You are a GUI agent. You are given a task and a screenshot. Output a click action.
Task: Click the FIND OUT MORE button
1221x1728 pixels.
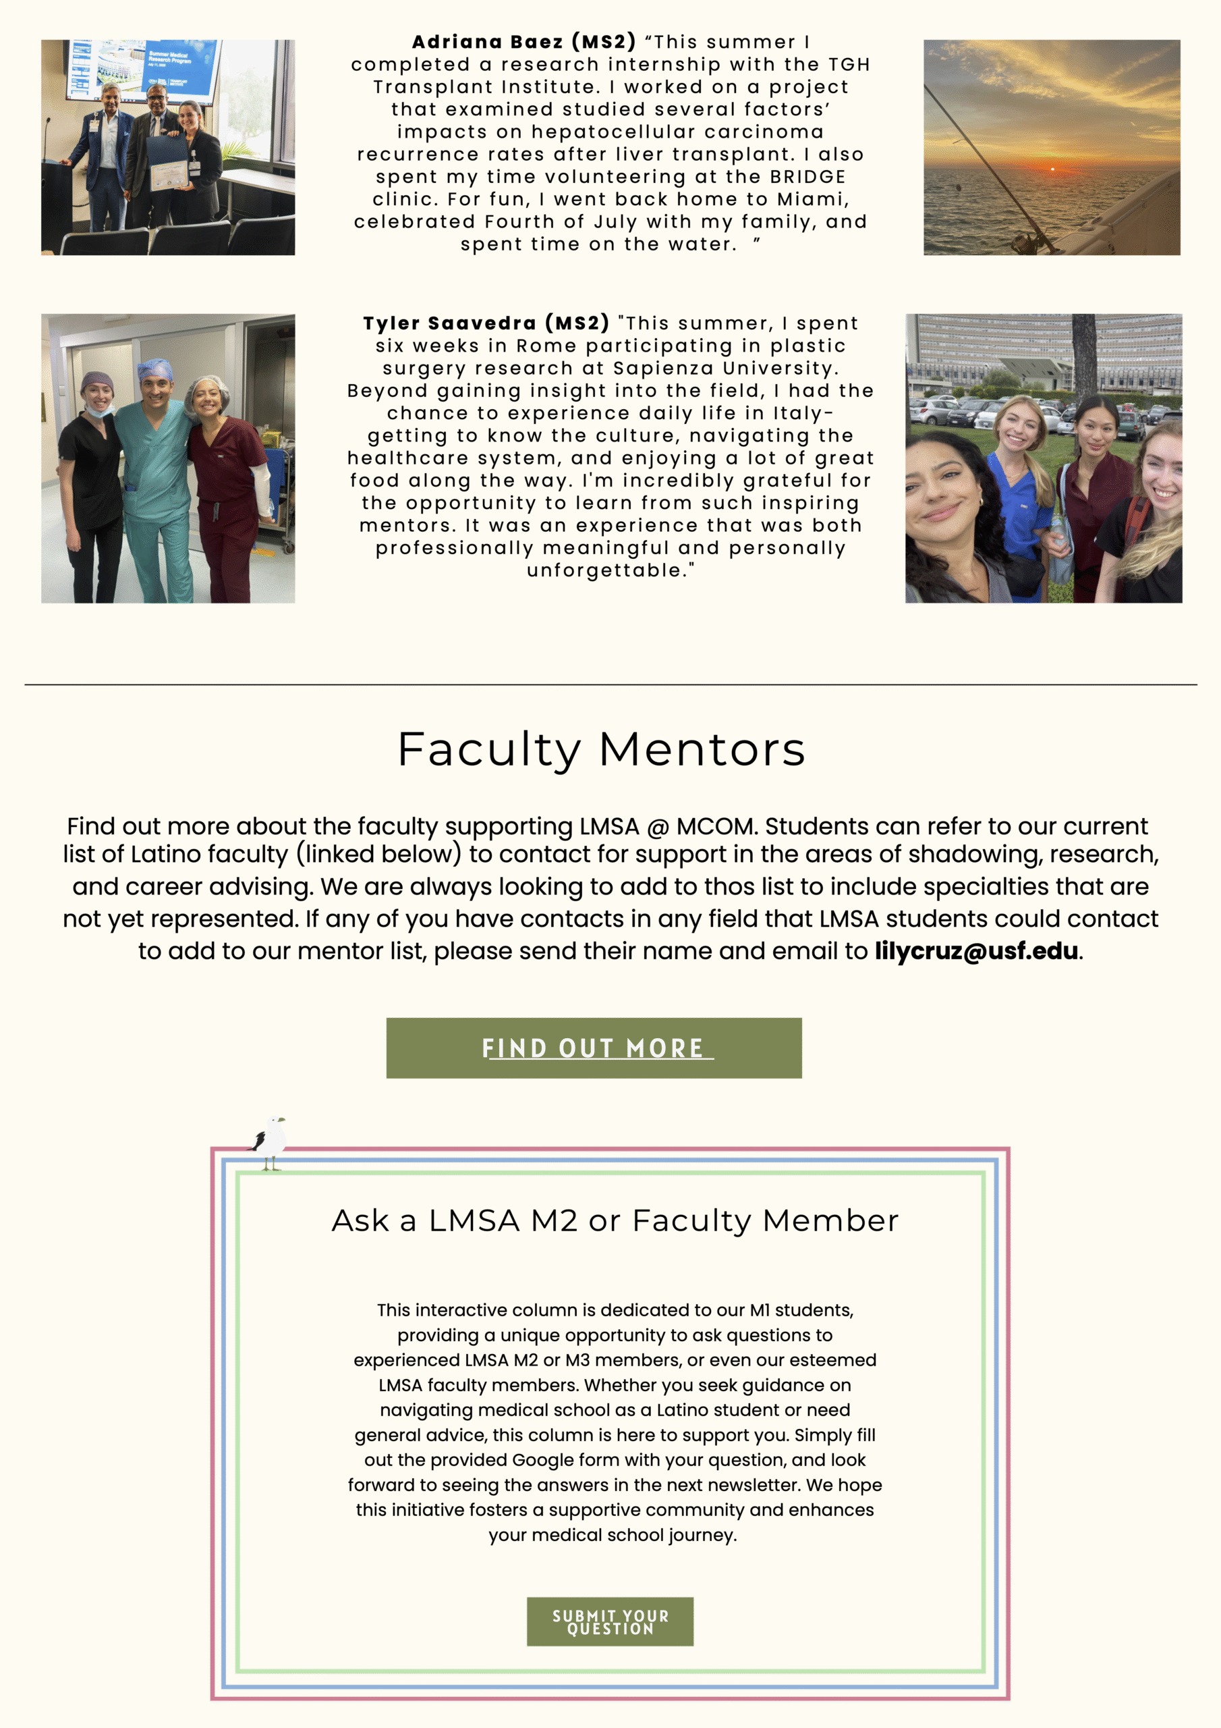(594, 1048)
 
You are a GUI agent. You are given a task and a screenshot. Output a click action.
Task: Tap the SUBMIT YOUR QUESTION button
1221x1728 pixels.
(609, 1622)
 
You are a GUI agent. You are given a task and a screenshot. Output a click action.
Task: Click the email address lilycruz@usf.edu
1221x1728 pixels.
(975, 951)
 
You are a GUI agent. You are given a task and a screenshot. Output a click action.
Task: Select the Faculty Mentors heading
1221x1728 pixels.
(601, 750)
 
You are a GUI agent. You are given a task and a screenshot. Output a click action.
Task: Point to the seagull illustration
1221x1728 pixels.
(269, 1143)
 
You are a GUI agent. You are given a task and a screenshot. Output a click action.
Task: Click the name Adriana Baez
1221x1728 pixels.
(487, 42)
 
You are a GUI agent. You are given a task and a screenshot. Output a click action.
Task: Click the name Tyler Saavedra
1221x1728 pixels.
(449, 323)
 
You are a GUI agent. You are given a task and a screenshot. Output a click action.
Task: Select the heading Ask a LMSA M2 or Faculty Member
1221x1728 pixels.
(615, 1221)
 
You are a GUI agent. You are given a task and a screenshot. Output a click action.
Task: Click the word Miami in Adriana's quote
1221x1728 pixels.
(812, 199)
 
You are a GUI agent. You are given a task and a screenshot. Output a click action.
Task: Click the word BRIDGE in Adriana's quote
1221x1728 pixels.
(807, 177)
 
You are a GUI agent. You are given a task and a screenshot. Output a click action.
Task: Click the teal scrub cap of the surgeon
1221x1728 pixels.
(155, 369)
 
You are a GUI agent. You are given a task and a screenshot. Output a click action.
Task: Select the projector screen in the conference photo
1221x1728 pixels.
(143, 67)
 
